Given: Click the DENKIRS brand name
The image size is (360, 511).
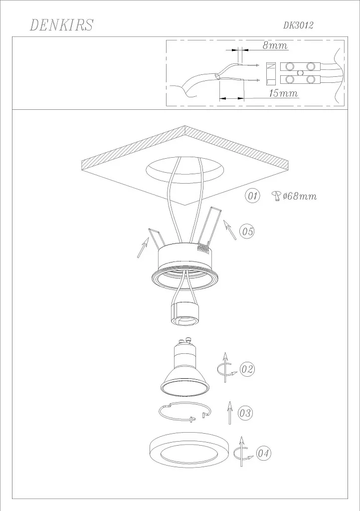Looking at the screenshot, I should (x=62, y=25).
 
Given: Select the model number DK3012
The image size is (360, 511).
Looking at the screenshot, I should (x=298, y=25).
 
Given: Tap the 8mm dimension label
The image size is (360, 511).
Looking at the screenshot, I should (x=275, y=46).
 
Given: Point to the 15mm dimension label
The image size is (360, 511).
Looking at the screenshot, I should (x=283, y=93).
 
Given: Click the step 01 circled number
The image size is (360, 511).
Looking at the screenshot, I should (x=253, y=196).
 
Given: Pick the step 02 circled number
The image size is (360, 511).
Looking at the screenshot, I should (x=247, y=369).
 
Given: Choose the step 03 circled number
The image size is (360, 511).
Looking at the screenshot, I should (x=245, y=413).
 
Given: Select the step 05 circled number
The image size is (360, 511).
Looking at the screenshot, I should (x=247, y=231).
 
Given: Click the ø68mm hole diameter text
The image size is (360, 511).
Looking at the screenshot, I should (x=299, y=196).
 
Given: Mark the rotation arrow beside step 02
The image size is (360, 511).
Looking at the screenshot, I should (x=225, y=369).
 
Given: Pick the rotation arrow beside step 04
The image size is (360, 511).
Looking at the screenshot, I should (x=241, y=452).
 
